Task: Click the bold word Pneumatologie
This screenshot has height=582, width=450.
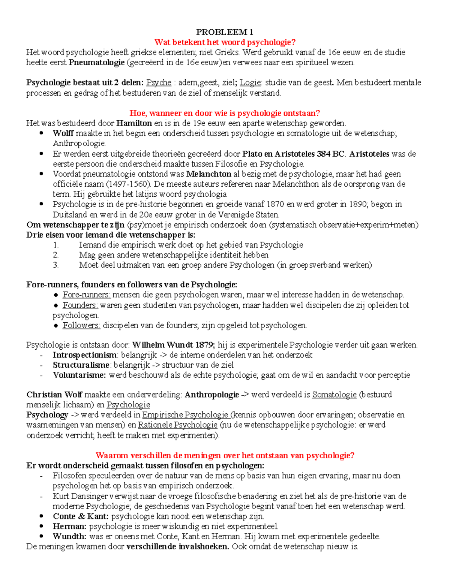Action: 96,63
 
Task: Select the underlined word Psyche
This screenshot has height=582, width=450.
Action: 159,82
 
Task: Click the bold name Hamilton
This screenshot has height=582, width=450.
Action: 134,123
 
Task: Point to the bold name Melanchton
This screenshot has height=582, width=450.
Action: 208,174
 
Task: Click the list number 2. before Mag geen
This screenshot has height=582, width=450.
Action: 56,255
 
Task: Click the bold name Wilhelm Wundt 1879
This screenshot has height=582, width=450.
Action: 174,345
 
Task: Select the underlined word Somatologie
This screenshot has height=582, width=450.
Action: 334,395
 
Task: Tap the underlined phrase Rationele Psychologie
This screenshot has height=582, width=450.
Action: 178,425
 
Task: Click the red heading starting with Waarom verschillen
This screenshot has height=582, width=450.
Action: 225,456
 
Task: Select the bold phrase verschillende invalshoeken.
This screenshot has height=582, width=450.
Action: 178,547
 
